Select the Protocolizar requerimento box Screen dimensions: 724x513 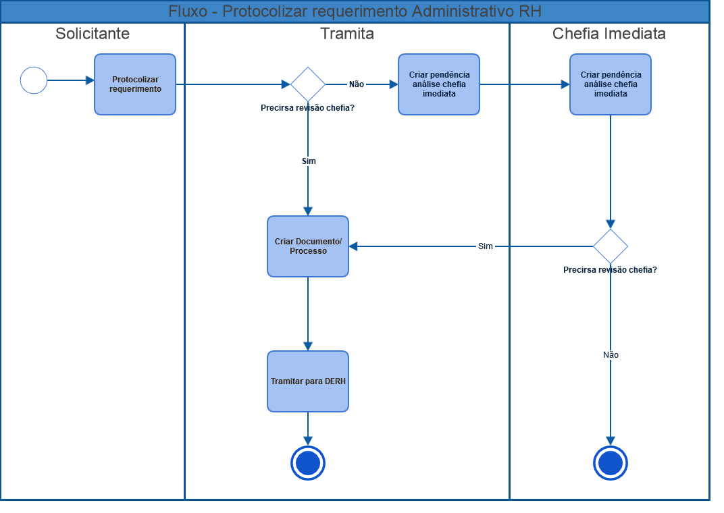pos(135,84)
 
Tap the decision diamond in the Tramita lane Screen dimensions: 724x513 pos(308,84)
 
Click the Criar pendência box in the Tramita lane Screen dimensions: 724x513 pos(438,84)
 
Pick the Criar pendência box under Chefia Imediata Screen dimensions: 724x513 pos(611,84)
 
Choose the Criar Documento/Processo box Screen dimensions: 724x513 pos(308,246)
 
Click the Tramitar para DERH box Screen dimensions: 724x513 pos(308,381)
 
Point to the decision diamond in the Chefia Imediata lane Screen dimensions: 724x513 pos(611,246)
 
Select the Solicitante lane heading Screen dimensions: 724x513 pos(93,34)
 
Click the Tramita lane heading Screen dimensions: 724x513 pos(347,34)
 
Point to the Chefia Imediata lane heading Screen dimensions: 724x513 pos(609,34)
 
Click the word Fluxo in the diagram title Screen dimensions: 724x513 pos(188,11)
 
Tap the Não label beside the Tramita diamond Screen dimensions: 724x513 pos(357,84)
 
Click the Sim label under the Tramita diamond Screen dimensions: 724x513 pos(309,161)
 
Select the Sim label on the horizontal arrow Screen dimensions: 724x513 pos(486,246)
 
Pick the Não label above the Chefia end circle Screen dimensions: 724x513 pos(611,355)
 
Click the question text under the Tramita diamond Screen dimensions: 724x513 pos(307,108)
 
